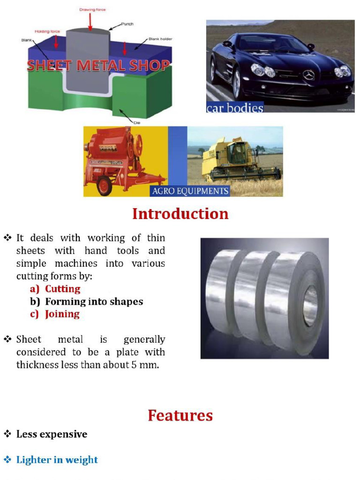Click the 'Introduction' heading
point(180,214)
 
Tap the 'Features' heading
point(180,415)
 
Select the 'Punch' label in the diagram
point(127,24)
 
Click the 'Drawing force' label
point(92,9)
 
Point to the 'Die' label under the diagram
point(137,122)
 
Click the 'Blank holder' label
point(160,39)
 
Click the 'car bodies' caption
point(235,108)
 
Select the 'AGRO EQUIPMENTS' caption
point(190,191)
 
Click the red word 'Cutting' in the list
point(63,289)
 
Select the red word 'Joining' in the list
point(62,314)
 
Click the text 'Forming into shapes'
point(94,301)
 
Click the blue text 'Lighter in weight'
point(57,460)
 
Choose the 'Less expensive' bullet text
point(52,435)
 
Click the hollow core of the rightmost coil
point(310,307)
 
